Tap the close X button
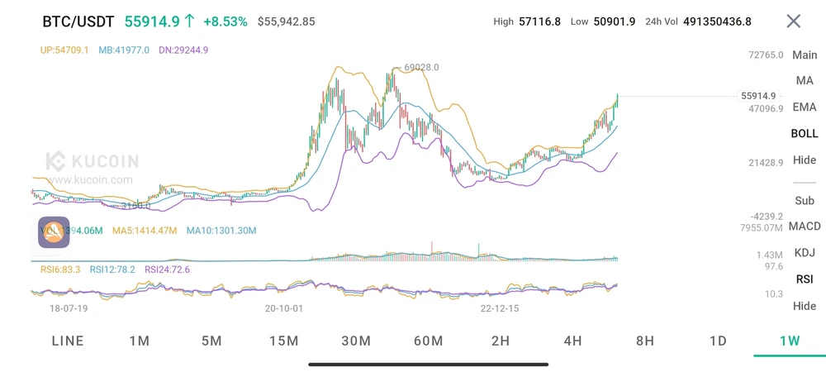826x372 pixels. [793, 21]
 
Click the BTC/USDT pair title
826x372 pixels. [78, 21]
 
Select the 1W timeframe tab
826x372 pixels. [790, 341]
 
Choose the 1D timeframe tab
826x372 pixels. [718, 341]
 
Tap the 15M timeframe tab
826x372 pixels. [283, 341]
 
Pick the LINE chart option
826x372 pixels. [68, 341]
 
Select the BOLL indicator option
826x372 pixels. [805, 133]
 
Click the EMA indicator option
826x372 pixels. [805, 107]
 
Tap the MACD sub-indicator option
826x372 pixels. [805, 227]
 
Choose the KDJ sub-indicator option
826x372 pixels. [805, 253]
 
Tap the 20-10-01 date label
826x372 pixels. [284, 308]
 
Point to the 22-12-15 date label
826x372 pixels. [500, 308]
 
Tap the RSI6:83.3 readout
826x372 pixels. [60, 269]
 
